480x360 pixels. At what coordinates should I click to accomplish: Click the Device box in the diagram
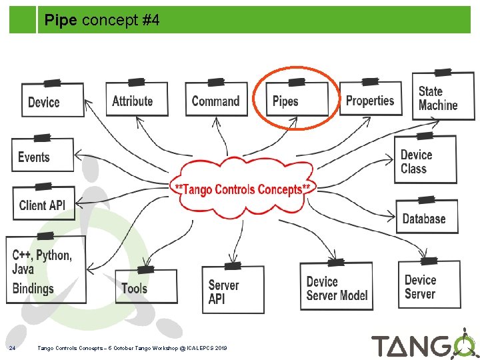pos(53,101)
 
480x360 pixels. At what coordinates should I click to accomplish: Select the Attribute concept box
pos(137,101)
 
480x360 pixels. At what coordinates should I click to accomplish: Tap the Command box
pos(215,101)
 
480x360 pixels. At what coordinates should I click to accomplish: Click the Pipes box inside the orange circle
pos(296,101)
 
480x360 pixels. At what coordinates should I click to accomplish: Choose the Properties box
pos(371,100)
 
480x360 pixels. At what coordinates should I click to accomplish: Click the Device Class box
pos(425,161)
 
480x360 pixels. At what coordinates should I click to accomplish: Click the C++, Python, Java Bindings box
pos(45,271)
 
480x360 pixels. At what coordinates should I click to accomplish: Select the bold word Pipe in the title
pos(61,21)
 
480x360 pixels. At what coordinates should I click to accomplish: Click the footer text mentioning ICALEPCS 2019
pos(133,348)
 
